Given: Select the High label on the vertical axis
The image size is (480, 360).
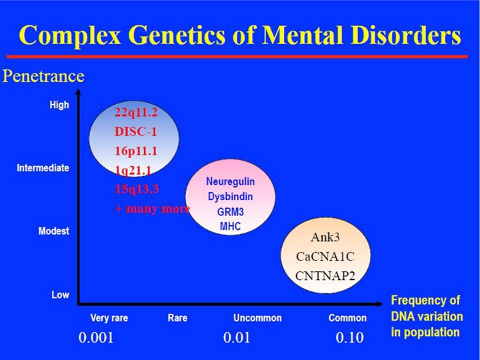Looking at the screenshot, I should pos(59,105).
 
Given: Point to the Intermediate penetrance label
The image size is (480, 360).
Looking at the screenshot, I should pos(43,168).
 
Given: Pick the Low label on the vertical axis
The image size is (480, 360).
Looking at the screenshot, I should pos(60,294).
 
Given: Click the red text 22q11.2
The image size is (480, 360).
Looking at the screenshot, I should pos(136,112).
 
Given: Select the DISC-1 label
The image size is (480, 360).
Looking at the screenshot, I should pos(136,131).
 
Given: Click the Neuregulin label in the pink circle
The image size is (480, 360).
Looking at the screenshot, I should pos(230,181).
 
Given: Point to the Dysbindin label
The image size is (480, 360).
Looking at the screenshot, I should pos(229,197).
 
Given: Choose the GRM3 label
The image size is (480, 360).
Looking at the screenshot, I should pos(229,211).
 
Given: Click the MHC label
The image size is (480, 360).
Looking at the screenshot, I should pos(229,226).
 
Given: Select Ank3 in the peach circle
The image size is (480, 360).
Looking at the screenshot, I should pos(327,238).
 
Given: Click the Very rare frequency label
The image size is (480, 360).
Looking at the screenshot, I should pos(109,318).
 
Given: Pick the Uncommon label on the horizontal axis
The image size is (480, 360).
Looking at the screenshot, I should pos(257,318).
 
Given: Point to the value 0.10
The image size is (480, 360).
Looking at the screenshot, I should pos(349,338).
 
